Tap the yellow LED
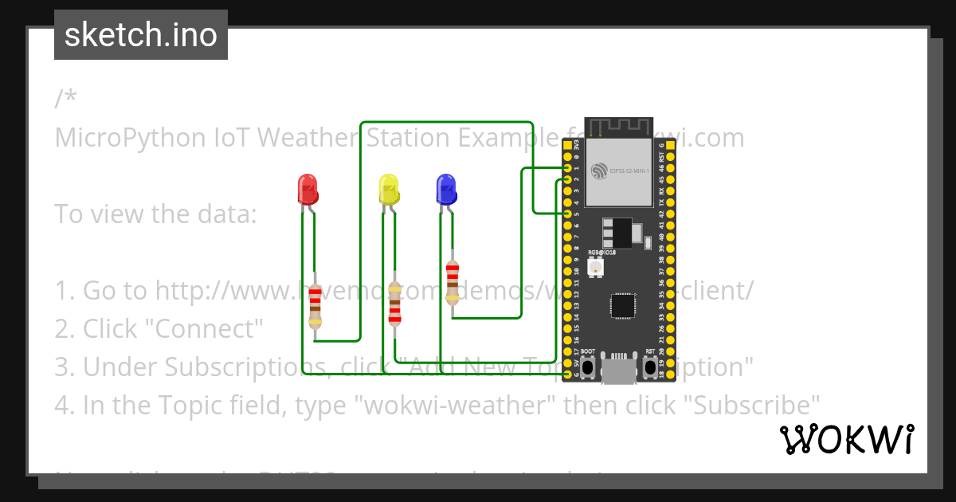point(388,189)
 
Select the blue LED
point(446,189)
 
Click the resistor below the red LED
point(315,306)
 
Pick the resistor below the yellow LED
point(394,303)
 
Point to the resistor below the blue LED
point(453,282)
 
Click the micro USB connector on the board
point(619,370)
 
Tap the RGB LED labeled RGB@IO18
point(595,268)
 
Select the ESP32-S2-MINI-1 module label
point(629,171)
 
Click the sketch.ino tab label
point(141,35)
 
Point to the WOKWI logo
point(846,439)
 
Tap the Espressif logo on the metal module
point(600,171)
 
